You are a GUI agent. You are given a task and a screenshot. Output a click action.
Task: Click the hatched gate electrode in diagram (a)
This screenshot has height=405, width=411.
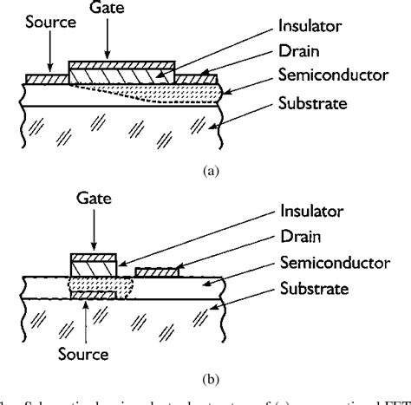tap(121, 65)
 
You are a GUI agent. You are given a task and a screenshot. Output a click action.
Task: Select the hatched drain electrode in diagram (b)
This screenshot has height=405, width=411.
tap(157, 272)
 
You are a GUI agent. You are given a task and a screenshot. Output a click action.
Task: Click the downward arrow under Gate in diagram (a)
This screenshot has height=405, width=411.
tap(112, 39)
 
